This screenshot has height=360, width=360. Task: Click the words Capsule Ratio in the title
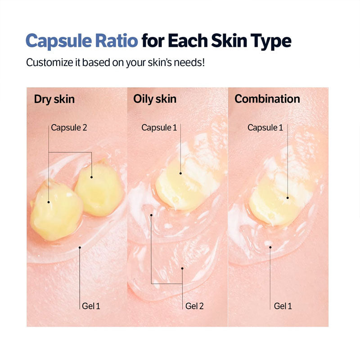(82, 41)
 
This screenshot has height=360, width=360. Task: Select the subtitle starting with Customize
(116, 62)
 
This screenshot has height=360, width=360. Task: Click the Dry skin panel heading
(54, 99)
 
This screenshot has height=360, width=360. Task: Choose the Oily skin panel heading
(155, 99)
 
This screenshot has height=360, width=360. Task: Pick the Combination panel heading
(267, 99)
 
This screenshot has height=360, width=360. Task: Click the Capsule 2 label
(69, 127)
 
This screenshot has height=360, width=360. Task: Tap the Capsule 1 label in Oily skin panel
(159, 127)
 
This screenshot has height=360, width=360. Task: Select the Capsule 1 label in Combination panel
(265, 127)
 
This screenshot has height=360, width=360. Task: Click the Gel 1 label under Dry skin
(91, 306)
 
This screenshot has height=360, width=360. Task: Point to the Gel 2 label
(194, 306)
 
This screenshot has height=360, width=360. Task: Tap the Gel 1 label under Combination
(283, 306)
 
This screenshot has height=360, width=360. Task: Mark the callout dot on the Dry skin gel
(80, 247)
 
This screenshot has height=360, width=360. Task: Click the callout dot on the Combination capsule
(288, 198)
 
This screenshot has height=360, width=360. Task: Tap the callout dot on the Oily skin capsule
(180, 173)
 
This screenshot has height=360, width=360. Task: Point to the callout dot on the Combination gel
(270, 247)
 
